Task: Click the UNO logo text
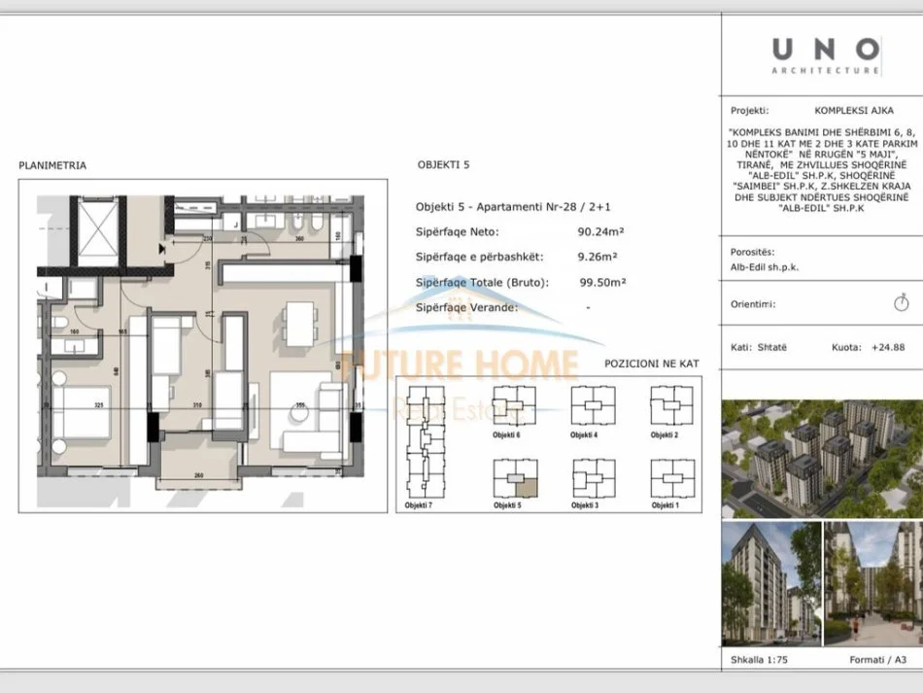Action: coord(827,48)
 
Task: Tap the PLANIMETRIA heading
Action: coord(52,165)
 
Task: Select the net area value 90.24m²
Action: coord(600,231)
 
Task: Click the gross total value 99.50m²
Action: coord(602,282)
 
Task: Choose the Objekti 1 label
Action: coord(664,505)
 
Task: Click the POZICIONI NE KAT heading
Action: coord(651,364)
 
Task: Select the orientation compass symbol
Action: coord(901,303)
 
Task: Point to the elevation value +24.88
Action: coord(887,347)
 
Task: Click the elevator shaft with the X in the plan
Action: coord(96,226)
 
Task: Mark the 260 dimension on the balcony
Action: coord(198,475)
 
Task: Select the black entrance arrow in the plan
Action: coord(163,250)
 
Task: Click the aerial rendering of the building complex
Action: coord(821,458)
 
